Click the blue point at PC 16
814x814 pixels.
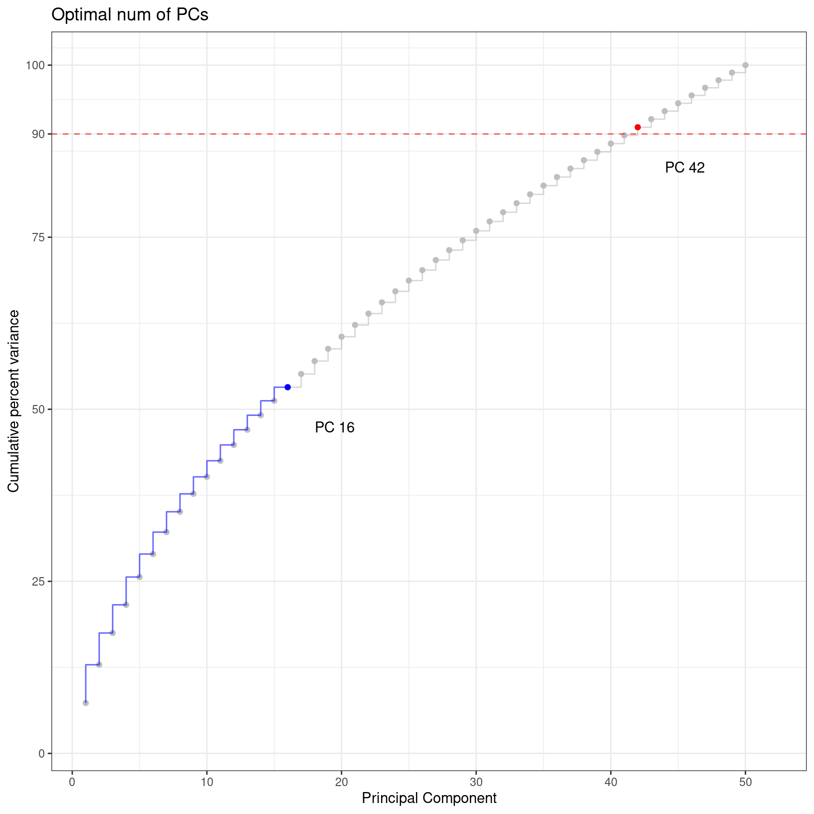point(288,387)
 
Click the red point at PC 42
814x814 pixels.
point(637,127)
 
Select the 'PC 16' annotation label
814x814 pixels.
point(335,427)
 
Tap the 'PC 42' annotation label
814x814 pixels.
point(685,168)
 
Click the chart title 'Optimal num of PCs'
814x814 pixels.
point(130,15)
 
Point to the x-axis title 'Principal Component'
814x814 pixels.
point(429,799)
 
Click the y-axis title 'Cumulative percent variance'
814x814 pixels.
point(14,401)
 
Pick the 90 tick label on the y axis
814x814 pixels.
point(39,134)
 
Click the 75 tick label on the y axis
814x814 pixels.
point(39,237)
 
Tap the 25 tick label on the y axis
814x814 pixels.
point(39,582)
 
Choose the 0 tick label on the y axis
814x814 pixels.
point(41,754)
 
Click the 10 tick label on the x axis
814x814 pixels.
point(207,782)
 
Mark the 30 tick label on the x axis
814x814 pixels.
point(476,782)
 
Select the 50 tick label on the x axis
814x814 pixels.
point(745,782)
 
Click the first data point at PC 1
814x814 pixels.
point(86,703)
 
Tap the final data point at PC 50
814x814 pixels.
point(745,65)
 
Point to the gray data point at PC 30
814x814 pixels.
point(476,231)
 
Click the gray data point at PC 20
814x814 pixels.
point(342,337)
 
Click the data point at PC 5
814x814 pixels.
point(140,577)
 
